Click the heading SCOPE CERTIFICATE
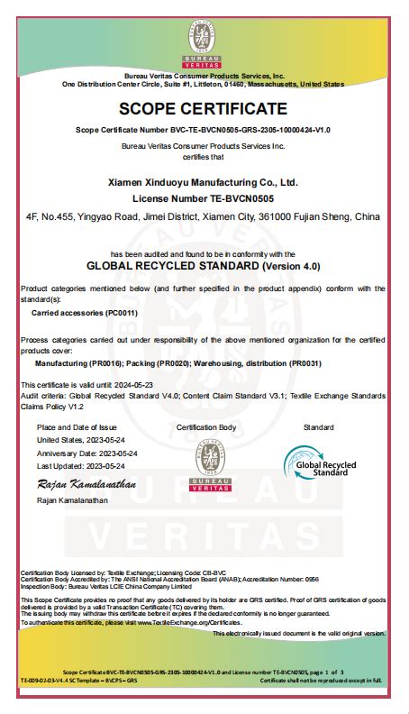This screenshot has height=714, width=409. click(204, 109)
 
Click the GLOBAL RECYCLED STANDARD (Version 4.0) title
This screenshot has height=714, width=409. click(203, 267)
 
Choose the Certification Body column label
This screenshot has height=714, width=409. click(206, 426)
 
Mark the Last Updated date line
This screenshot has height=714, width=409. click(81, 465)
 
